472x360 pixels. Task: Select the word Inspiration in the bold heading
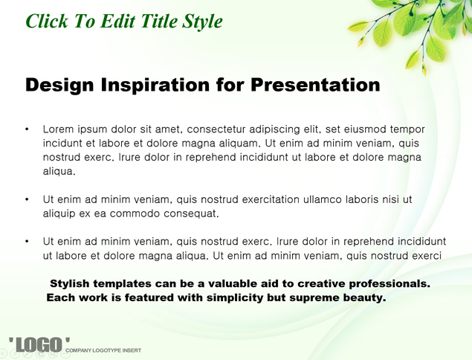pyautogui.click(x=155, y=85)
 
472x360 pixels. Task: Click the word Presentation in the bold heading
pyautogui.click(x=315, y=84)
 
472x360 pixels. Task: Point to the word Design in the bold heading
pyautogui.click(x=59, y=85)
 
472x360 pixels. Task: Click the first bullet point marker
pyautogui.click(x=27, y=129)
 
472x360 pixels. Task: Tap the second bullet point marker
pyautogui.click(x=27, y=199)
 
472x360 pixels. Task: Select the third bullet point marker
pyautogui.click(x=27, y=241)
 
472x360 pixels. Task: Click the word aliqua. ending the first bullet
pyautogui.click(x=59, y=172)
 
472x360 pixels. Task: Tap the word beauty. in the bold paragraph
pyautogui.click(x=364, y=298)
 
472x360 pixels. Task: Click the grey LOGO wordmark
pyautogui.click(x=39, y=345)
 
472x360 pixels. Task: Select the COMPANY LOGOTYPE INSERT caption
pyautogui.click(x=103, y=350)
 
